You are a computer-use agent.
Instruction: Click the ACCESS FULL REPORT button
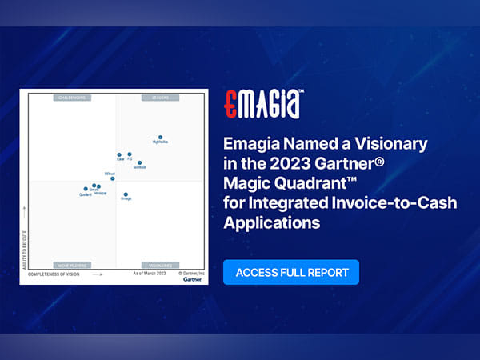coord(291,272)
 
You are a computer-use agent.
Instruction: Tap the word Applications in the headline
coord(270,222)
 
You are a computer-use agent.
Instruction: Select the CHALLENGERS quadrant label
coord(72,98)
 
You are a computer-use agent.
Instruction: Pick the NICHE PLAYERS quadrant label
coord(72,264)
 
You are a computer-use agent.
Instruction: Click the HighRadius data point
coord(160,138)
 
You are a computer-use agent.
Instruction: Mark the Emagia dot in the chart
coord(126,194)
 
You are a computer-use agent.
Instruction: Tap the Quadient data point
coord(86,190)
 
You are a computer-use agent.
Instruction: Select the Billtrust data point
coord(113,178)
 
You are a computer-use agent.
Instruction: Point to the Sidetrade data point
coord(139,163)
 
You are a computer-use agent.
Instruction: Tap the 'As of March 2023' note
coord(149,274)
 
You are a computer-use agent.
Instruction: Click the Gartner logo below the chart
coord(192,279)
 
